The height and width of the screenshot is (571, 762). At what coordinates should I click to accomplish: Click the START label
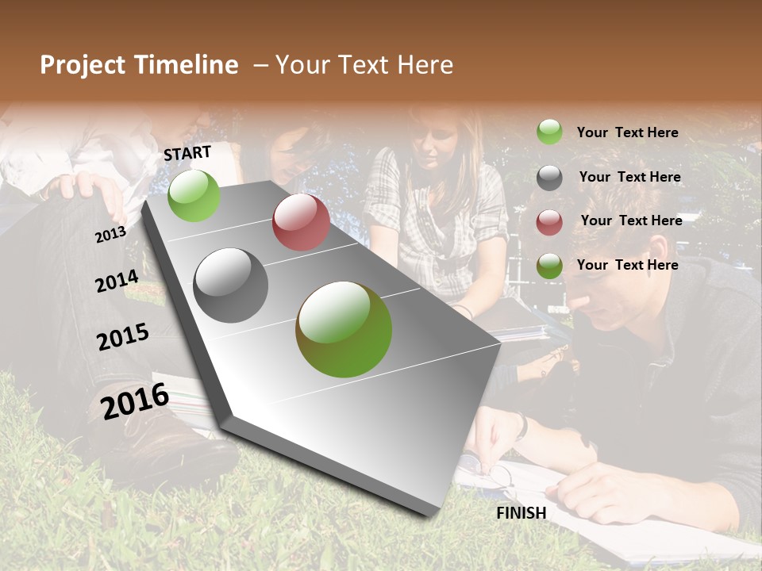(187, 153)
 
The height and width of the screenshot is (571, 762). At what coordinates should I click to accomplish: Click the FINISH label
(521, 513)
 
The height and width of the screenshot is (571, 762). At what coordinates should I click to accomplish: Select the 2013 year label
(110, 235)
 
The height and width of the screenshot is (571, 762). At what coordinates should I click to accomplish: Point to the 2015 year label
(123, 337)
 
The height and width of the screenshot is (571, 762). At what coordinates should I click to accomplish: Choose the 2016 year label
(135, 401)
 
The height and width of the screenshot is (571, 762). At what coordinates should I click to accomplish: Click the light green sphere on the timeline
(194, 195)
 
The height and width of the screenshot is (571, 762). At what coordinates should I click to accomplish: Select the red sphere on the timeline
(301, 222)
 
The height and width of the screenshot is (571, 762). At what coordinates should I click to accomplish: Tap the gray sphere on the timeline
(231, 285)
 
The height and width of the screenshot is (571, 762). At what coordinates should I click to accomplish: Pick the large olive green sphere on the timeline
(344, 329)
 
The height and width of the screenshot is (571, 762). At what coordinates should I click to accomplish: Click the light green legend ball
(549, 132)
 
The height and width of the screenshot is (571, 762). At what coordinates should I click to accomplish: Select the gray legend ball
(549, 178)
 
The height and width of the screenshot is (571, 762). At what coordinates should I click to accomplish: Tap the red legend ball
(549, 222)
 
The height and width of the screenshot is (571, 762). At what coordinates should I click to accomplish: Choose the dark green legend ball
(549, 266)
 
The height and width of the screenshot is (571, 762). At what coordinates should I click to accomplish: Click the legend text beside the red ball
(631, 220)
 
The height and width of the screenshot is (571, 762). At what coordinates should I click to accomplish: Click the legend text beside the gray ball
(629, 177)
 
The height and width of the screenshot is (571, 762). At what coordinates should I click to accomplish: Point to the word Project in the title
(82, 65)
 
